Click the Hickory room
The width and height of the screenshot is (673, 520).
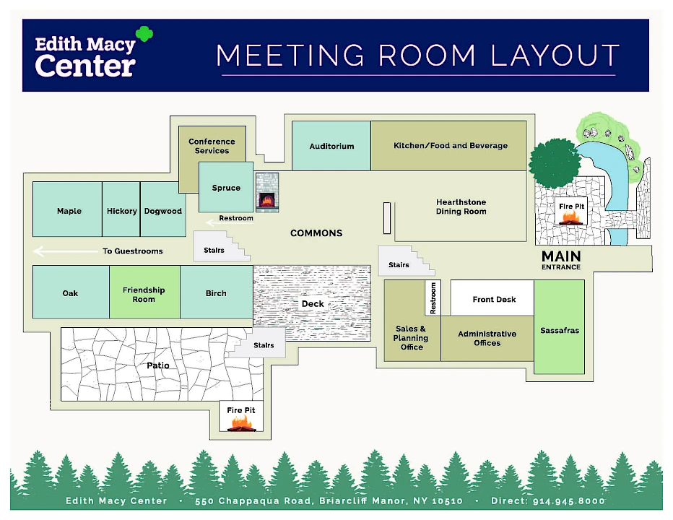[x=121, y=209]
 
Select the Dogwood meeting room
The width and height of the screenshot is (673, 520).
[x=163, y=209]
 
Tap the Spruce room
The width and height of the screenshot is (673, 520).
[x=226, y=187]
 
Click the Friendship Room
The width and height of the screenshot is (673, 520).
[x=144, y=292]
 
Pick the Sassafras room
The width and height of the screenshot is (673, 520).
[x=559, y=326]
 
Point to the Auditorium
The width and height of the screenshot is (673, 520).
[x=331, y=146]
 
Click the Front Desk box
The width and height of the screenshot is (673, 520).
[x=492, y=298]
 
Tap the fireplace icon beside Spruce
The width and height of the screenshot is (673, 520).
[x=267, y=192]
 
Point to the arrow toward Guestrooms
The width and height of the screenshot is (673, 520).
[x=66, y=251]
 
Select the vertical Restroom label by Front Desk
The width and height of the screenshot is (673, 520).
[x=433, y=298]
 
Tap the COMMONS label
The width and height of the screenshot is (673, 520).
[x=316, y=233]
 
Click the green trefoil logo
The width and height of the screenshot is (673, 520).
[x=144, y=34]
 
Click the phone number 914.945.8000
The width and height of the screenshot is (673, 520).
[x=569, y=500]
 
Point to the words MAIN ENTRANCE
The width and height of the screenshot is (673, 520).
[x=561, y=260]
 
